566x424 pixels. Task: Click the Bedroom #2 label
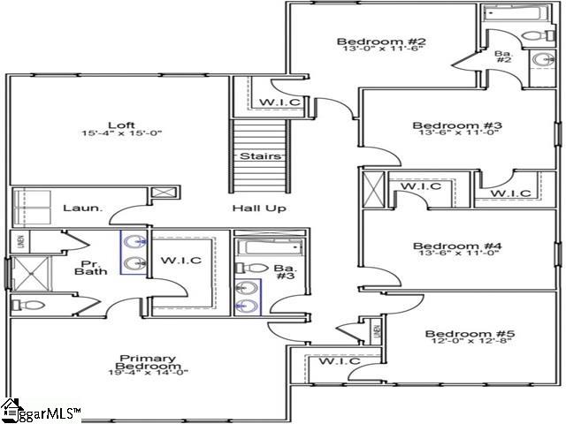pos(370,42)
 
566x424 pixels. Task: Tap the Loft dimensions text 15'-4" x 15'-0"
pos(121,133)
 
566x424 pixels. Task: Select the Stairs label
pos(260,156)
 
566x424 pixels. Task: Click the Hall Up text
pos(258,208)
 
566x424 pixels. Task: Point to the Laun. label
pos(82,208)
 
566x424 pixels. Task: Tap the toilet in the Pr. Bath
pos(30,306)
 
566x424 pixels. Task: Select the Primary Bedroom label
pos(148,364)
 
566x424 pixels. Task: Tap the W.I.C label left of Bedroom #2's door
pos(279,103)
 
